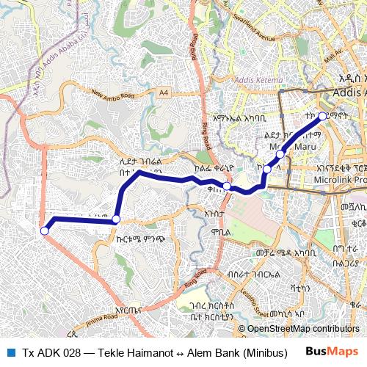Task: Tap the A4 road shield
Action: pos(163,92)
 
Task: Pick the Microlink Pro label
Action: pos(340,179)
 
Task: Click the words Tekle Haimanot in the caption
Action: pos(122,352)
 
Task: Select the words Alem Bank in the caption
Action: pos(192,352)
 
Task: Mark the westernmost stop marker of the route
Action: pos(44,230)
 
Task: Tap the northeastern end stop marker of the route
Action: pos(322,116)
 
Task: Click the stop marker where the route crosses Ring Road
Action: pos(228,186)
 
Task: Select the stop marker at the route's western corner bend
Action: pos(116,219)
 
